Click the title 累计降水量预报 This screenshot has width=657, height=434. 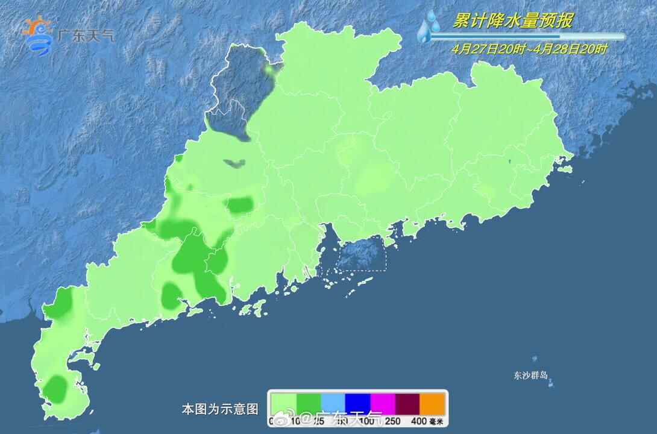[512, 21]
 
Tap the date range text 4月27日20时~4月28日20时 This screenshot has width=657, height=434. [530, 49]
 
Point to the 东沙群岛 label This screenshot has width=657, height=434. [531, 376]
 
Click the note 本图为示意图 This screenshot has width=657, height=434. [219, 409]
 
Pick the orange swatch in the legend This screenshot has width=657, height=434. [432, 402]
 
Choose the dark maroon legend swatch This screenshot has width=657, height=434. [407, 402]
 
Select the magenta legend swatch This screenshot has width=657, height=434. [382, 402]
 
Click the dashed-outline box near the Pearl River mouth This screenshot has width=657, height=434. [360, 254]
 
